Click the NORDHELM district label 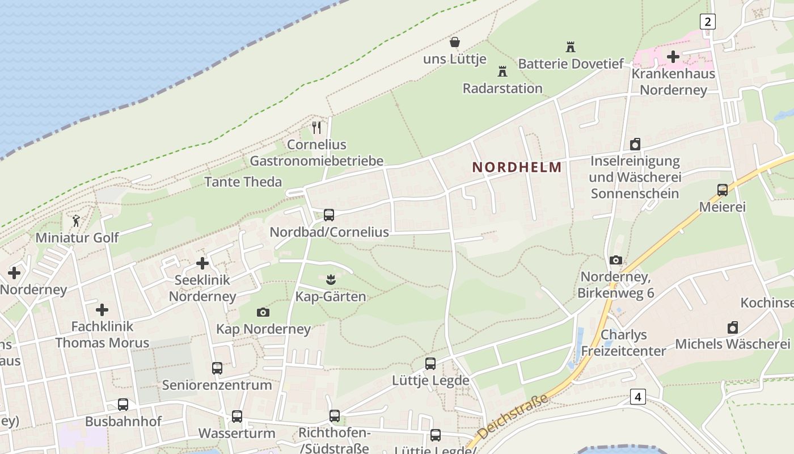517,167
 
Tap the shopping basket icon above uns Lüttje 455,42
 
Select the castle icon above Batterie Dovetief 571,47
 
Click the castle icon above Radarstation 502,72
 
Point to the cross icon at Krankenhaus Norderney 673,56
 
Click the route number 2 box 707,22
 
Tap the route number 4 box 638,397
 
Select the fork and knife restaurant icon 316,128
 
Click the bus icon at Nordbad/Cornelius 329,215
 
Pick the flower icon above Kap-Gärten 330,279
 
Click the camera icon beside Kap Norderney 263,312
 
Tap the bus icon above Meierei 723,190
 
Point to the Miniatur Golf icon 76,221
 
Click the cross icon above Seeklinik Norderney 202,263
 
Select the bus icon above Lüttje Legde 430,364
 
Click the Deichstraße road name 513,416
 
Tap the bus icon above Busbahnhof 123,405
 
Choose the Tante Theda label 243,182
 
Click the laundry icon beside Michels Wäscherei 733,327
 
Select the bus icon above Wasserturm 237,417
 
